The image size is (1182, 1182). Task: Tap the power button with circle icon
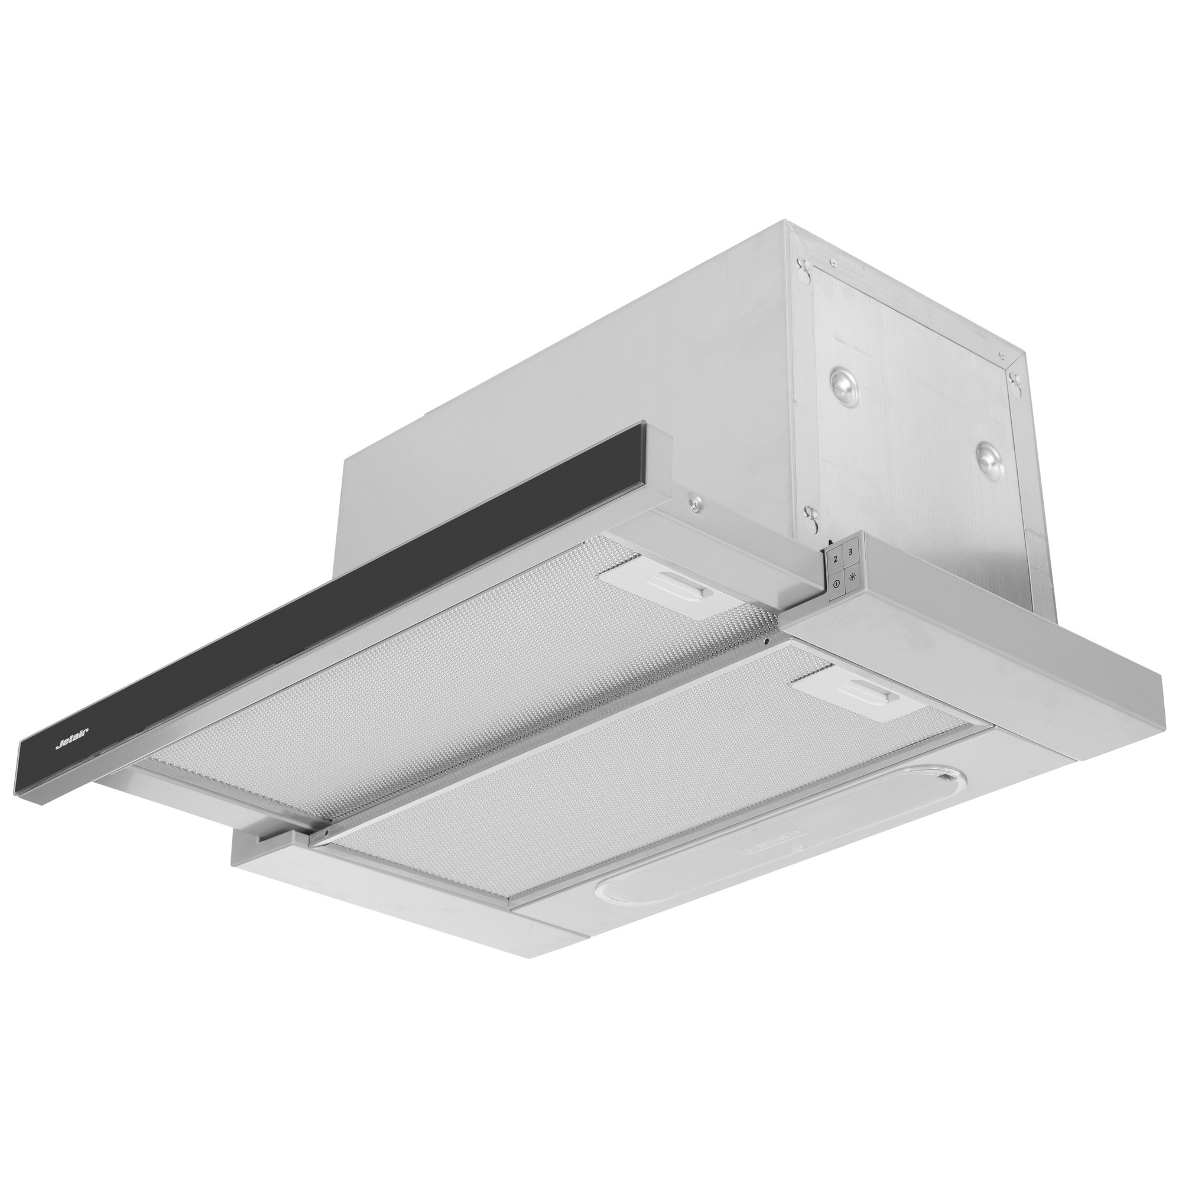pos(836,584)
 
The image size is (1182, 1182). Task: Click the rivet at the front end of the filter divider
pos(326,833)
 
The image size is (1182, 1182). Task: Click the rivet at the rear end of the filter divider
pos(767,641)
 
